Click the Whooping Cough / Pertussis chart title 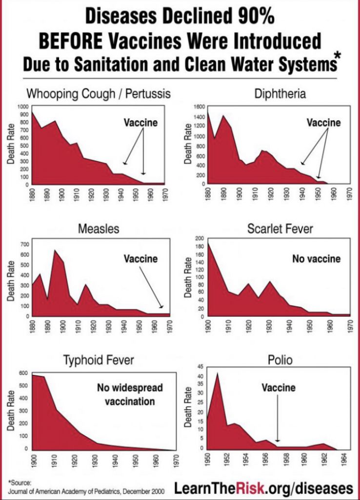tap(99, 93)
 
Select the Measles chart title tap(99, 229)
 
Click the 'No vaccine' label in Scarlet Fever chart tap(316, 259)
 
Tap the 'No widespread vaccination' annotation tap(129, 395)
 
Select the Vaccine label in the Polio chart tap(278, 388)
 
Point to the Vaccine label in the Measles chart tap(140, 259)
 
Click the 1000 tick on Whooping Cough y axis tap(23, 106)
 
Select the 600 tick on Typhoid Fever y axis tap(23, 373)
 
